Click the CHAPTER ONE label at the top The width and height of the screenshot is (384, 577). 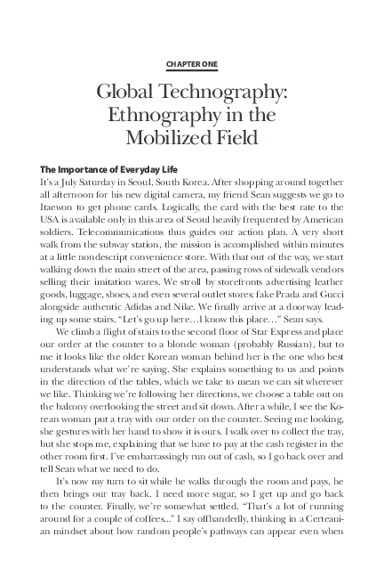pos(192,65)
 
